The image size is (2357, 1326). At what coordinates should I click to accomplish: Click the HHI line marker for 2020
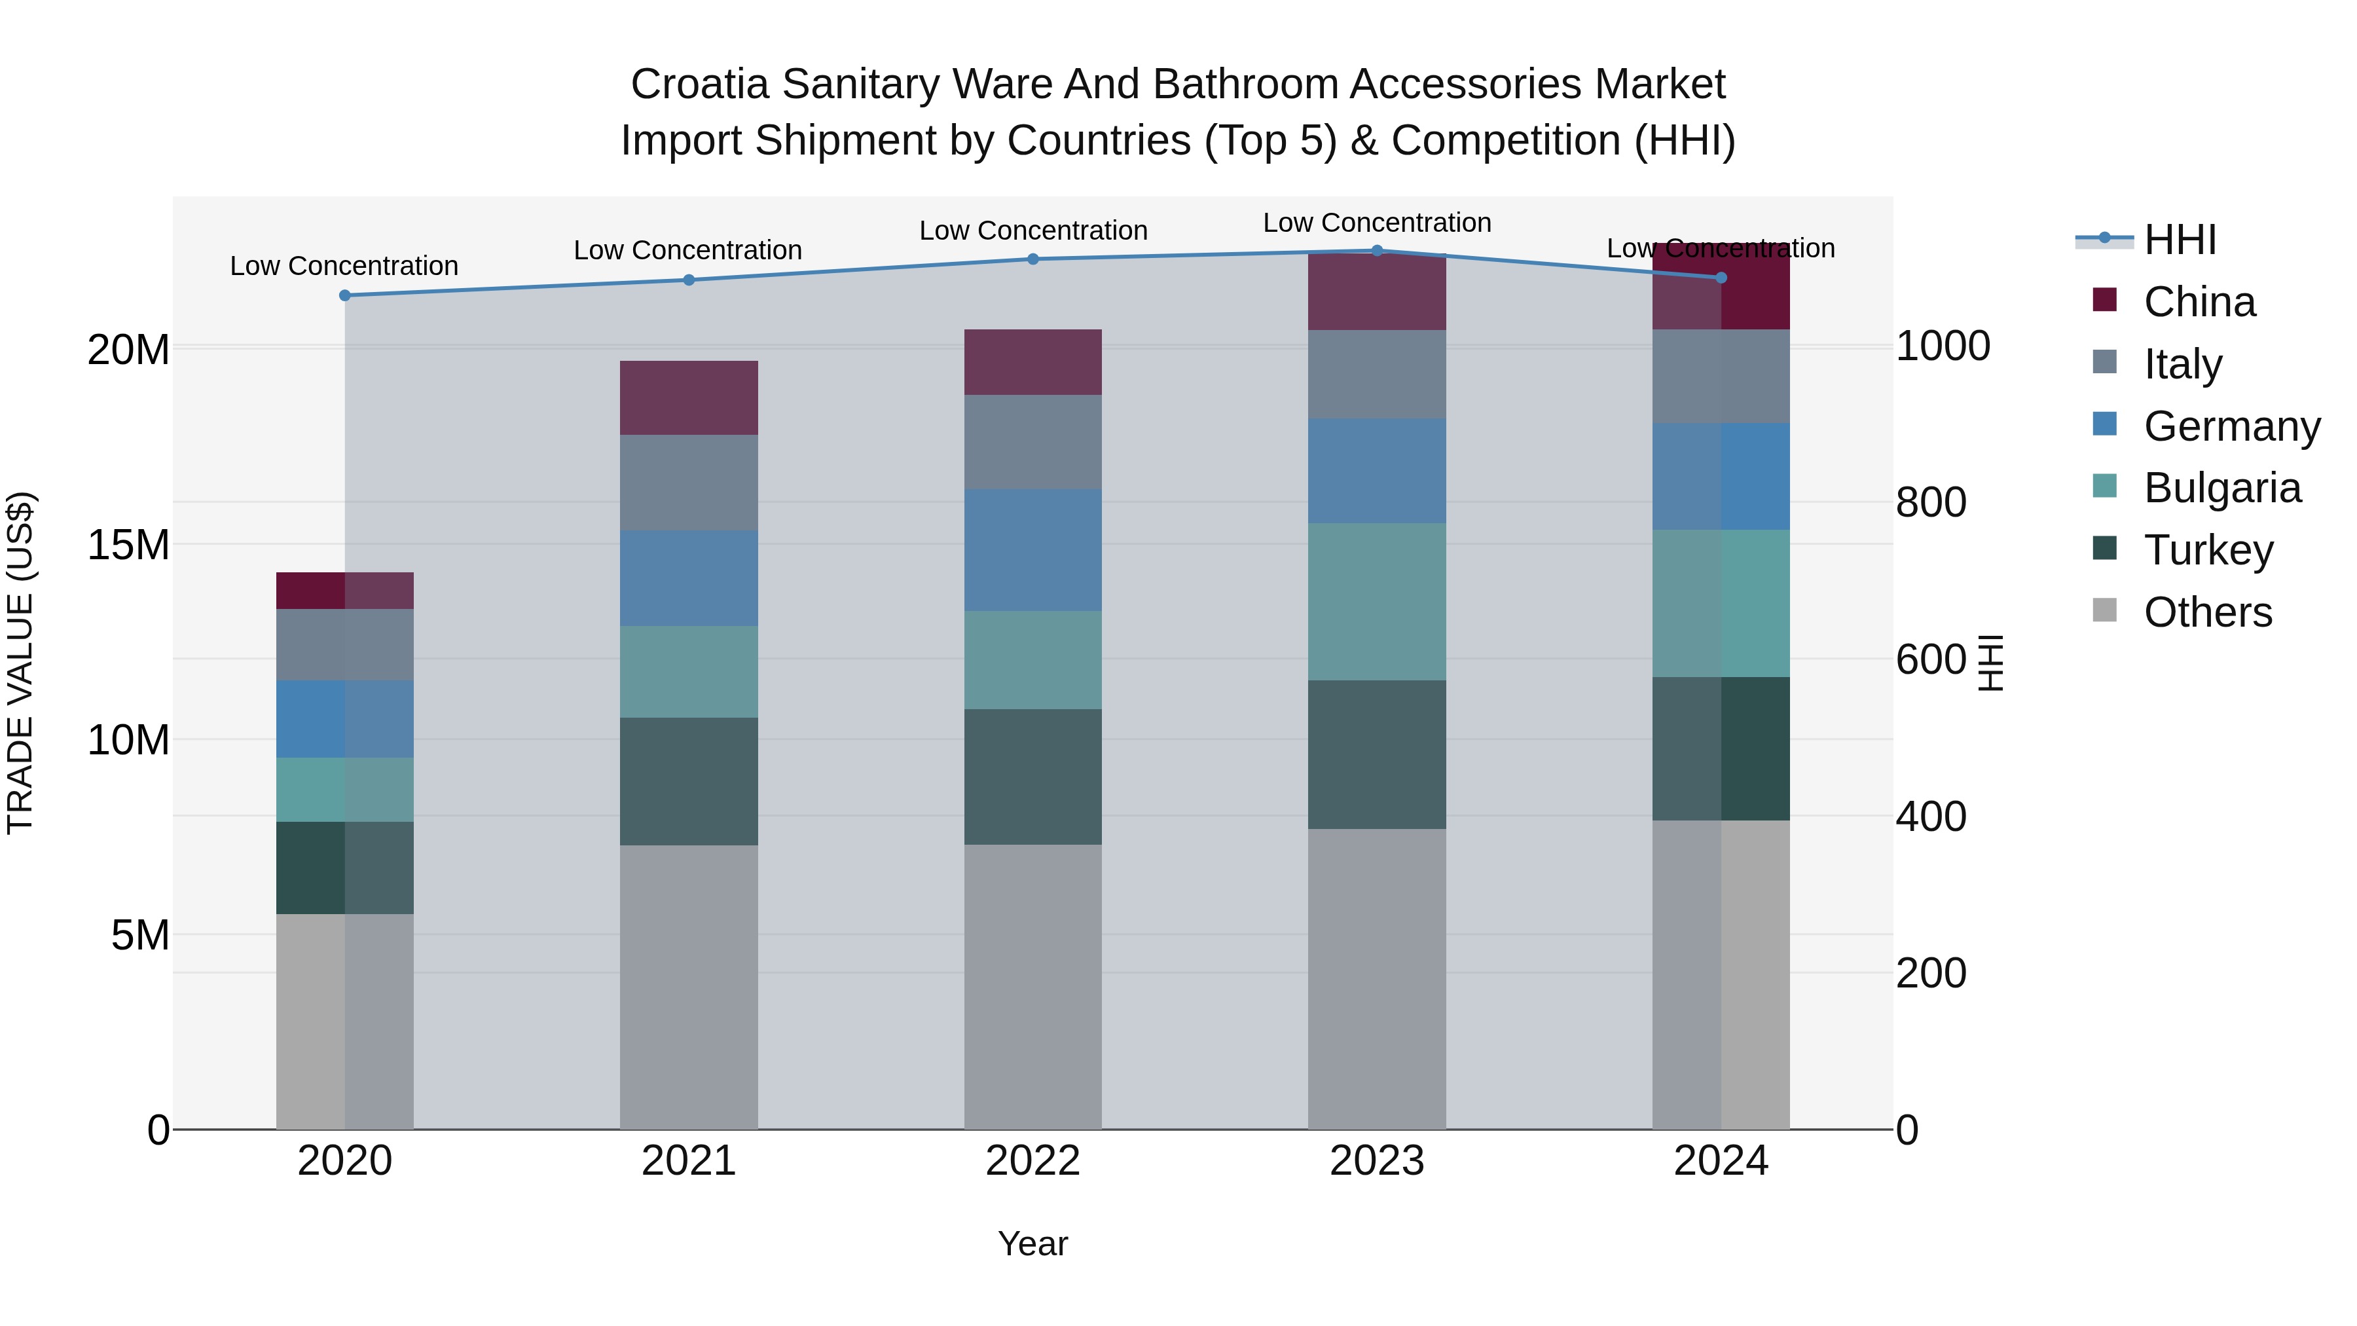pos(345,295)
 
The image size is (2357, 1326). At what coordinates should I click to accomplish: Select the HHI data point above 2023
pos(1377,250)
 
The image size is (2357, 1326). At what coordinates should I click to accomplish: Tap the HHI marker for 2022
pos(1033,259)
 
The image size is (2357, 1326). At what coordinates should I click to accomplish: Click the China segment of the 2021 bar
pos(689,398)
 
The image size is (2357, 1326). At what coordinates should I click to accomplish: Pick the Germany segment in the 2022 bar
pos(1033,550)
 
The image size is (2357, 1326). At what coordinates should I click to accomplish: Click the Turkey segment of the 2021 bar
pos(689,781)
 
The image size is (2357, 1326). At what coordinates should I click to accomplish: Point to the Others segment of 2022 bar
pos(1033,987)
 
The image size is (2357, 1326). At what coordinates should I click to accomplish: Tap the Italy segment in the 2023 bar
pos(1377,375)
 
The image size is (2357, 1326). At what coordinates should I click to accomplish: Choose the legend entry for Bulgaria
pos(2221,488)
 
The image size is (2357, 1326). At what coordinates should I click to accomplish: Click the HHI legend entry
pos(2180,240)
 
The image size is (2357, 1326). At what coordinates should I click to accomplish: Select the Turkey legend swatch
pos(2104,549)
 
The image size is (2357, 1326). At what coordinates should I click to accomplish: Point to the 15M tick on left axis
pos(128,545)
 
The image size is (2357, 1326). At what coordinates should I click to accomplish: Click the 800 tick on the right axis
pos(1931,502)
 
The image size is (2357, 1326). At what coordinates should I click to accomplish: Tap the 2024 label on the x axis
pos(1721,1161)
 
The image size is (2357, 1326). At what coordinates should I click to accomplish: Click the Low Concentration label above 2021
pos(688,250)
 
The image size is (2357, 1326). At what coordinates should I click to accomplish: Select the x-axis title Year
pos(1033,1243)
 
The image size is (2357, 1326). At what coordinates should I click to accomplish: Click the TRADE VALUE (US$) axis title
pos(20,663)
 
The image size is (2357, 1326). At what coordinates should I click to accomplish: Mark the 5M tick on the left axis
pos(140,935)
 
